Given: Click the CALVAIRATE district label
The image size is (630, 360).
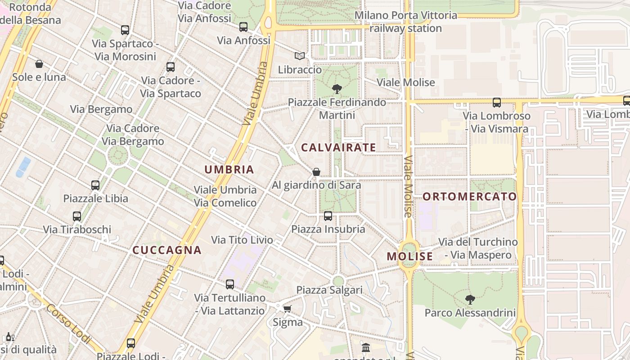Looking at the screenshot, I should point(338,148).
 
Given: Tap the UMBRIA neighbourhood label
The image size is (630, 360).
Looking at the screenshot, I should point(229,170).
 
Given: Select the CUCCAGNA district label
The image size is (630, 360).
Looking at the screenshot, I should point(167,250).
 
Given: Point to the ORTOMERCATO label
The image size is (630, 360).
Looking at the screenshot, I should point(470,197).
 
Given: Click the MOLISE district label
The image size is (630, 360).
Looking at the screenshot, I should point(410,256).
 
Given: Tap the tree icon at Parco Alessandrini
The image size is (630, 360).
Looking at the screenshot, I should point(470,299).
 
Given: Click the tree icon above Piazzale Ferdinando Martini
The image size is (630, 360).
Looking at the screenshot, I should point(337,89).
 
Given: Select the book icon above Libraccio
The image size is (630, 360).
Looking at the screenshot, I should point(300,56).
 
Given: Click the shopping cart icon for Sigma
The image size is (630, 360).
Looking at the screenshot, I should point(287,309).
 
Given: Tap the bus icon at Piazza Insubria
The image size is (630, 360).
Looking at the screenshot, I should point(328,216).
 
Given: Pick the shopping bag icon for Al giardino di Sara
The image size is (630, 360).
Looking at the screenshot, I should point(316,172).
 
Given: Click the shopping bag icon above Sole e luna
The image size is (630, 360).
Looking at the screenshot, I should point(39,64).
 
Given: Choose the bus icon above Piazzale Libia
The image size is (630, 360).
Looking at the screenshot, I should point(95,185).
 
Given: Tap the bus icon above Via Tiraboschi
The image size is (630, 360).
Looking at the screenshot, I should point(77,216).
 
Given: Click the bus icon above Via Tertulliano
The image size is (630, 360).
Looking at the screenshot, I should point(230,284).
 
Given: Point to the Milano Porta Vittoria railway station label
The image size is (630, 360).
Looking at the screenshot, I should point(406,22).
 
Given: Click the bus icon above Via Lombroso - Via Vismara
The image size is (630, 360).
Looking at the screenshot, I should point(497,103).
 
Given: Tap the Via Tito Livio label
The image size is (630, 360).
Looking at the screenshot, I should point(242,240).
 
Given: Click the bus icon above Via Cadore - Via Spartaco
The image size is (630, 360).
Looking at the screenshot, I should point(171,67).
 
